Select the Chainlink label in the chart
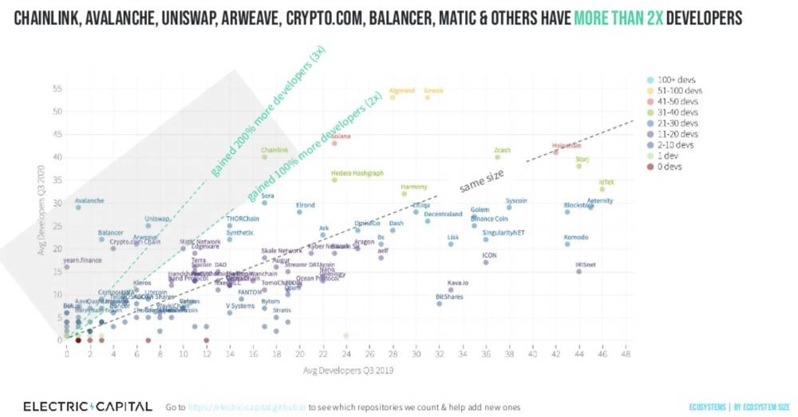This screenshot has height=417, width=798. [x=275, y=150]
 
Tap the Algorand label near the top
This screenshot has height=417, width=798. [x=402, y=91]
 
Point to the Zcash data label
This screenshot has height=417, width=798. [x=502, y=150]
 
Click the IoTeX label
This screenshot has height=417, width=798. [x=606, y=183]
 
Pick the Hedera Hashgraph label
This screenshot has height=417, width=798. [x=358, y=173]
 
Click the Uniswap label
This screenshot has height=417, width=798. [x=158, y=218]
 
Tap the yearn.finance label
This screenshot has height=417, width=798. [x=84, y=260]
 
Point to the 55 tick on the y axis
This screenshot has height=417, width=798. [x=55, y=89]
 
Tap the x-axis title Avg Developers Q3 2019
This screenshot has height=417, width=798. [x=346, y=370]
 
